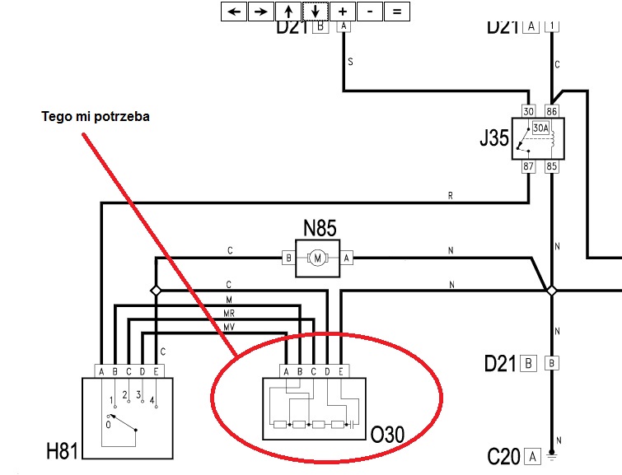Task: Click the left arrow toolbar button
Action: coord(235,12)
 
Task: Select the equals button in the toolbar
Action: coord(396,12)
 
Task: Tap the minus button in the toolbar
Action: coord(370,12)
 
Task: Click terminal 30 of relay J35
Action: coord(529,110)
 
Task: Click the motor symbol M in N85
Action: coord(318,258)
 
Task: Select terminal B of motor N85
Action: coord(289,258)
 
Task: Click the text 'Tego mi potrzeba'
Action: coord(96,116)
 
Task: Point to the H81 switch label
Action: coord(63,450)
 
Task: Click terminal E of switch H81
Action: coord(156,370)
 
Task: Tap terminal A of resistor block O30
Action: coord(286,370)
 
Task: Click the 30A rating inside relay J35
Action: coord(540,128)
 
